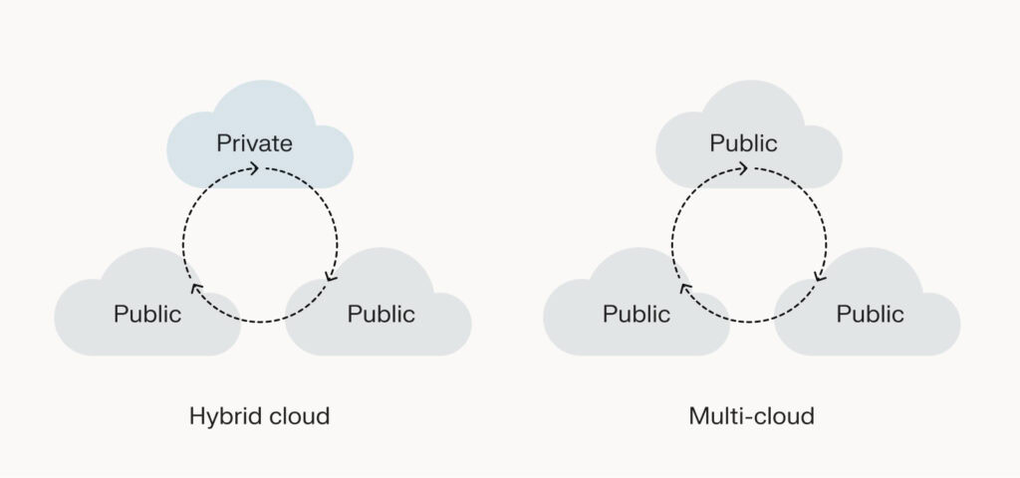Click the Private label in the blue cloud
click(255, 143)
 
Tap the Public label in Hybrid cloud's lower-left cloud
click(147, 315)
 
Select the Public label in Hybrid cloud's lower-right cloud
click(382, 315)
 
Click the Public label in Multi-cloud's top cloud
click(744, 143)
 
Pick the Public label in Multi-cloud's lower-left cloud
click(637, 315)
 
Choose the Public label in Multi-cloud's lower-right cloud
click(871, 315)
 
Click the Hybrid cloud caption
click(259, 416)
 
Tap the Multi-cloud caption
click(751, 416)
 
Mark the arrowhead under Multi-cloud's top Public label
click(744, 168)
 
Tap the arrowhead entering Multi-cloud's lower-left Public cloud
click(683, 289)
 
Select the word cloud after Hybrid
click(299, 416)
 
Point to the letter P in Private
click(223, 143)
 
